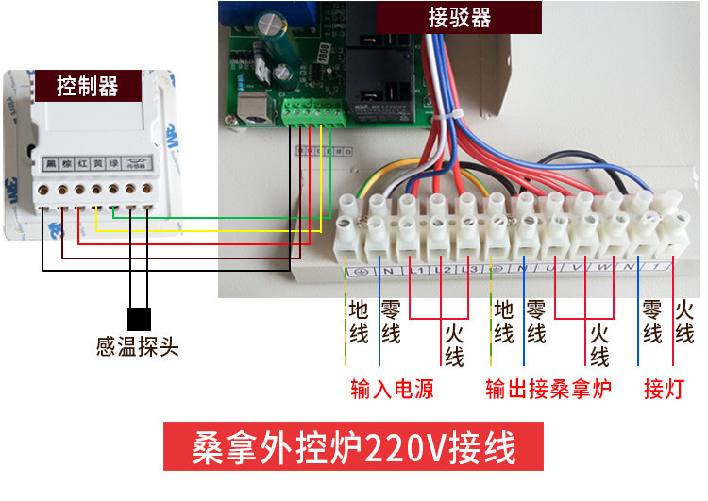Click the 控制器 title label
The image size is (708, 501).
(88, 86)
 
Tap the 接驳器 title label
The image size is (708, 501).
(460, 18)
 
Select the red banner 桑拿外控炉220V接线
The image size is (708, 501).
(354, 446)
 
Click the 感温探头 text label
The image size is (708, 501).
(138, 346)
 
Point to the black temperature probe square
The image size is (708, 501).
(139, 319)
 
